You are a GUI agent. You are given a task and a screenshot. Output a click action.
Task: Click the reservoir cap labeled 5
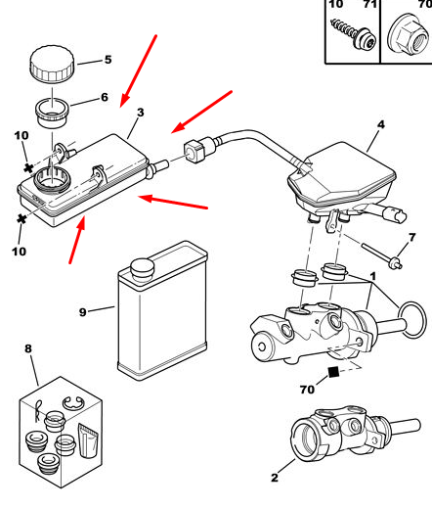pyautogui.click(x=52, y=65)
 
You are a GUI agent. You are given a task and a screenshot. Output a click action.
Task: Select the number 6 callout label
pyautogui.click(x=105, y=97)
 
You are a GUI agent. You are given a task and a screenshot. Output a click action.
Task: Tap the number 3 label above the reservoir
pyautogui.click(x=140, y=113)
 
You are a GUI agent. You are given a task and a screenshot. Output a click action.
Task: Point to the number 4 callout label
pyautogui.click(x=381, y=124)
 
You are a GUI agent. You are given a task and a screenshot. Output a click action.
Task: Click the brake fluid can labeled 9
pyautogui.click(x=162, y=311)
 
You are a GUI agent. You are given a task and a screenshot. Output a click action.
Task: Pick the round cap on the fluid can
pyautogui.click(x=142, y=269)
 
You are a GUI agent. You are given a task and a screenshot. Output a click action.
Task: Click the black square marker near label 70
pyautogui.click(x=333, y=372)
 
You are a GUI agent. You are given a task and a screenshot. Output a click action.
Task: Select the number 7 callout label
pyautogui.click(x=412, y=237)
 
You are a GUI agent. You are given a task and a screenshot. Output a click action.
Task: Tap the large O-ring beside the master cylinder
pyautogui.click(x=412, y=319)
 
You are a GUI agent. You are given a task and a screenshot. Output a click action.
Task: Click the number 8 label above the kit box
pyautogui.click(x=28, y=348)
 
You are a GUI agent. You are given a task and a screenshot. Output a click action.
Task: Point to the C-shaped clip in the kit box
pyautogui.click(x=73, y=403)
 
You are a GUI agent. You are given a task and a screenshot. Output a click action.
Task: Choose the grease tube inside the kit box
pyautogui.click(x=88, y=440)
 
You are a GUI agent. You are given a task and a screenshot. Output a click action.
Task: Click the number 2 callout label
pyautogui.click(x=275, y=478)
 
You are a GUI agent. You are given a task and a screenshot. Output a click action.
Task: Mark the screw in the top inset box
pyautogui.click(x=354, y=35)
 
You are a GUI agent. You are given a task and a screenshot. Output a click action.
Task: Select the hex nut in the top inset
pyautogui.click(x=409, y=34)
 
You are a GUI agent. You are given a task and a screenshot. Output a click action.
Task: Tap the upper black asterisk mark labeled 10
pyautogui.click(x=28, y=168)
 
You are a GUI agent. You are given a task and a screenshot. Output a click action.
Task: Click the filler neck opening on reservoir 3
pyautogui.click(x=52, y=179)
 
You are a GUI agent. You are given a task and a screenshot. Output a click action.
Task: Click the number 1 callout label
pyautogui.click(x=373, y=276)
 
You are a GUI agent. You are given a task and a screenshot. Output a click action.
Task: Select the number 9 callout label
pyautogui.click(x=83, y=312)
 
